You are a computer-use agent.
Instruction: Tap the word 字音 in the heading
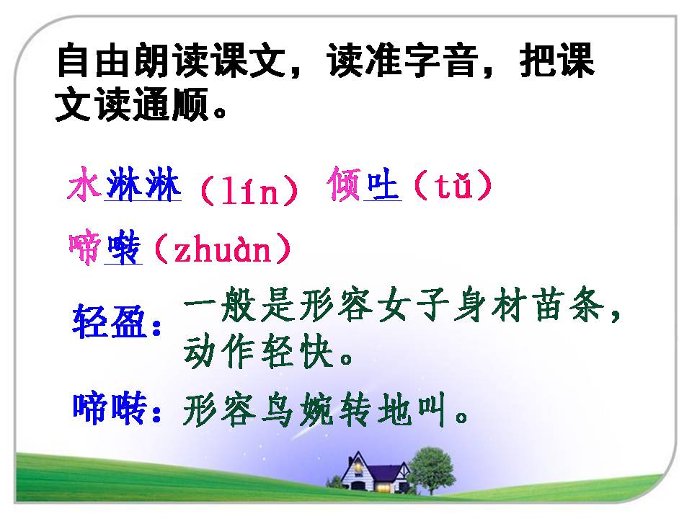click(441, 61)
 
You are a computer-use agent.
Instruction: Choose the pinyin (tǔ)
click(453, 185)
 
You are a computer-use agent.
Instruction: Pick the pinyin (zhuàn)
click(223, 249)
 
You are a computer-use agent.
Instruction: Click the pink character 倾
click(345, 184)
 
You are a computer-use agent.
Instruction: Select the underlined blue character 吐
click(383, 185)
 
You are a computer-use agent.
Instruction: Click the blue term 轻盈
click(110, 321)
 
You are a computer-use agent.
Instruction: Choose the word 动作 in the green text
click(218, 352)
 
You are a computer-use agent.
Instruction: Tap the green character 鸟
click(277, 409)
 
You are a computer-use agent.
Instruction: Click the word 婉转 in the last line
click(334, 409)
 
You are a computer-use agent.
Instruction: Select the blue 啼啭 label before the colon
click(110, 408)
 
